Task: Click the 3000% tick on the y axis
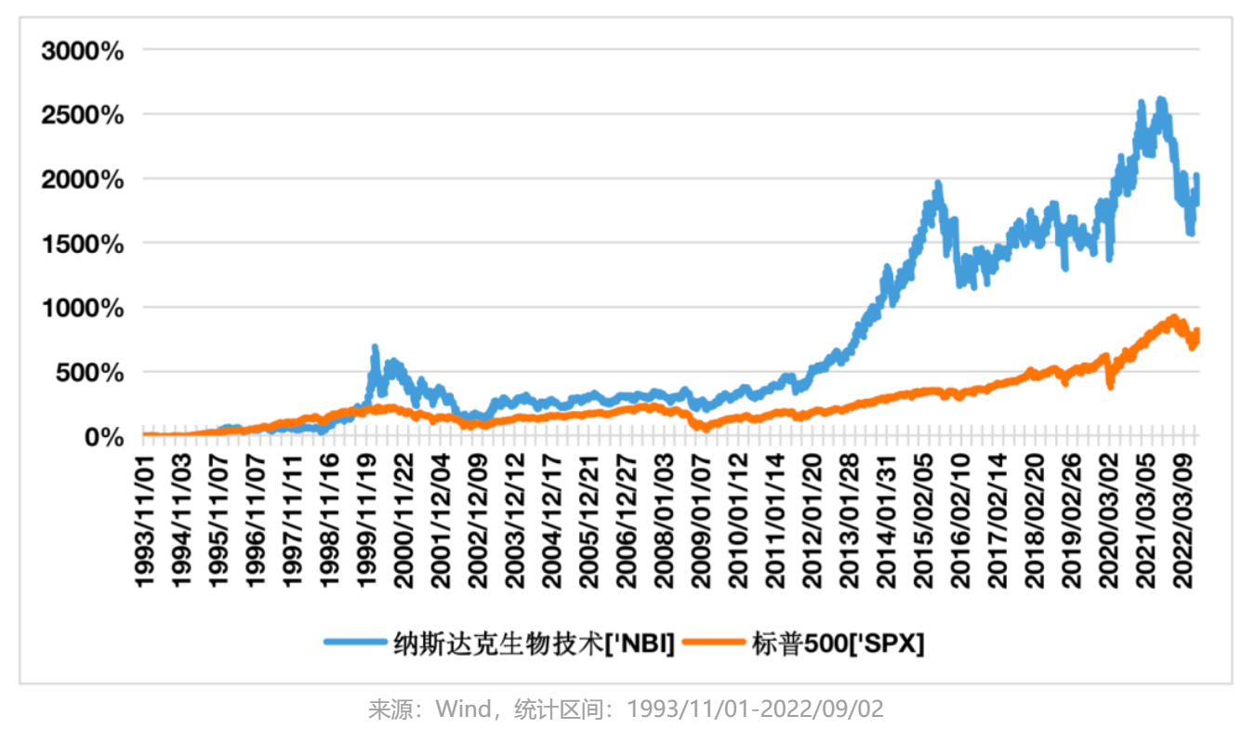pyautogui.click(x=83, y=50)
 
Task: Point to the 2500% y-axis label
pyautogui.click(x=83, y=115)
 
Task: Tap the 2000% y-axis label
pyautogui.click(x=83, y=179)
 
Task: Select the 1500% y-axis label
pyautogui.click(x=83, y=244)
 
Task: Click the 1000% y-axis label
pyautogui.click(x=83, y=308)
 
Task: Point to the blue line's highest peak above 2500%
pyautogui.click(x=1159, y=99)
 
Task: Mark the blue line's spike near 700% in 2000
pyautogui.click(x=375, y=348)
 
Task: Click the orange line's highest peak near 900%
pyautogui.click(x=1174, y=318)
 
